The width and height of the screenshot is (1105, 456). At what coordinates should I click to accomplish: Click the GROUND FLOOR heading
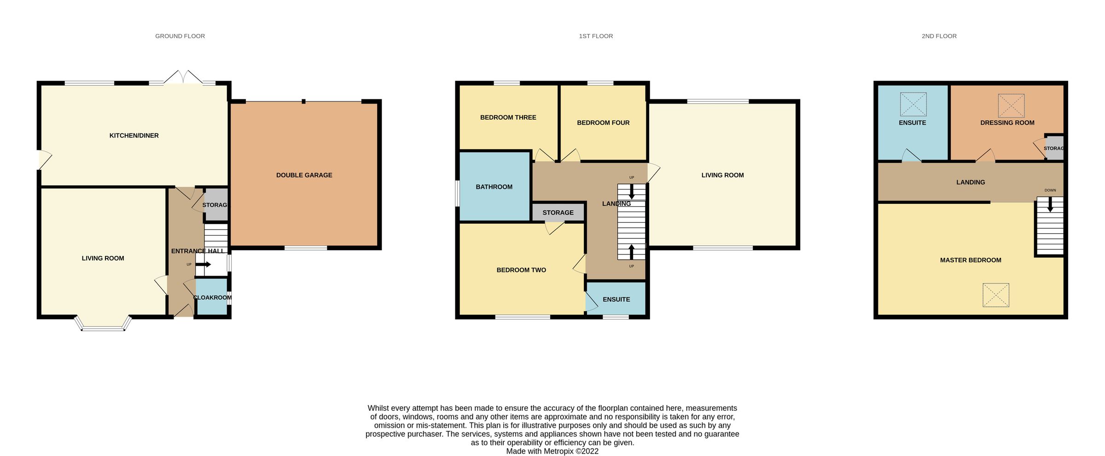[x=180, y=36]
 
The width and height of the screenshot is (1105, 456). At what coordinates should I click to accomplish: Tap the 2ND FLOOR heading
[x=939, y=36]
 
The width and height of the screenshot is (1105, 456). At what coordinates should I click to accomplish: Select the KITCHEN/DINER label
[x=134, y=136]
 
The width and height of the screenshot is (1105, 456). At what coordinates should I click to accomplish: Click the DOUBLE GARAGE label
[x=304, y=175]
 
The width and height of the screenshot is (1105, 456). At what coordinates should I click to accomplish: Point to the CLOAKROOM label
[x=212, y=298]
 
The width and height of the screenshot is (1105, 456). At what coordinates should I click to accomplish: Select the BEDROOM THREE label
[x=508, y=117]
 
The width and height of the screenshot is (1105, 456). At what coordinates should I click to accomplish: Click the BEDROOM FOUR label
[x=603, y=123]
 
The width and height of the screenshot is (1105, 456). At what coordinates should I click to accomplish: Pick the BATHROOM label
[x=494, y=187]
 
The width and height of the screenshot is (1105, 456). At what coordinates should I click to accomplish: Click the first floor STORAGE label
[x=558, y=213]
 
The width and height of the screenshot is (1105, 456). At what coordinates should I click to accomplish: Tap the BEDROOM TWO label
[x=521, y=270]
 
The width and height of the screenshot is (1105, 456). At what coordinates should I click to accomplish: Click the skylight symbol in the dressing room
[x=1011, y=106]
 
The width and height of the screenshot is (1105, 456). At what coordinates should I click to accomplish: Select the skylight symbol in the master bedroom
[x=996, y=295]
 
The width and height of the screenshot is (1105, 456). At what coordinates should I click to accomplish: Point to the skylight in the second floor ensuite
[x=913, y=104]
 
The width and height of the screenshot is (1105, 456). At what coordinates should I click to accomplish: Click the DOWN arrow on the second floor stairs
[x=1050, y=204]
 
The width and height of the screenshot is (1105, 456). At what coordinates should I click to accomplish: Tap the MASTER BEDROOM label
[x=971, y=260]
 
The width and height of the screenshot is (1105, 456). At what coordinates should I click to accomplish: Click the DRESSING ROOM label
[x=1007, y=123]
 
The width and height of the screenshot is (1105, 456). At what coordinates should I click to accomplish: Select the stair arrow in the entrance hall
[x=204, y=265]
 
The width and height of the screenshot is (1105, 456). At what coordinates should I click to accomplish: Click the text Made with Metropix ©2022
[x=552, y=451]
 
